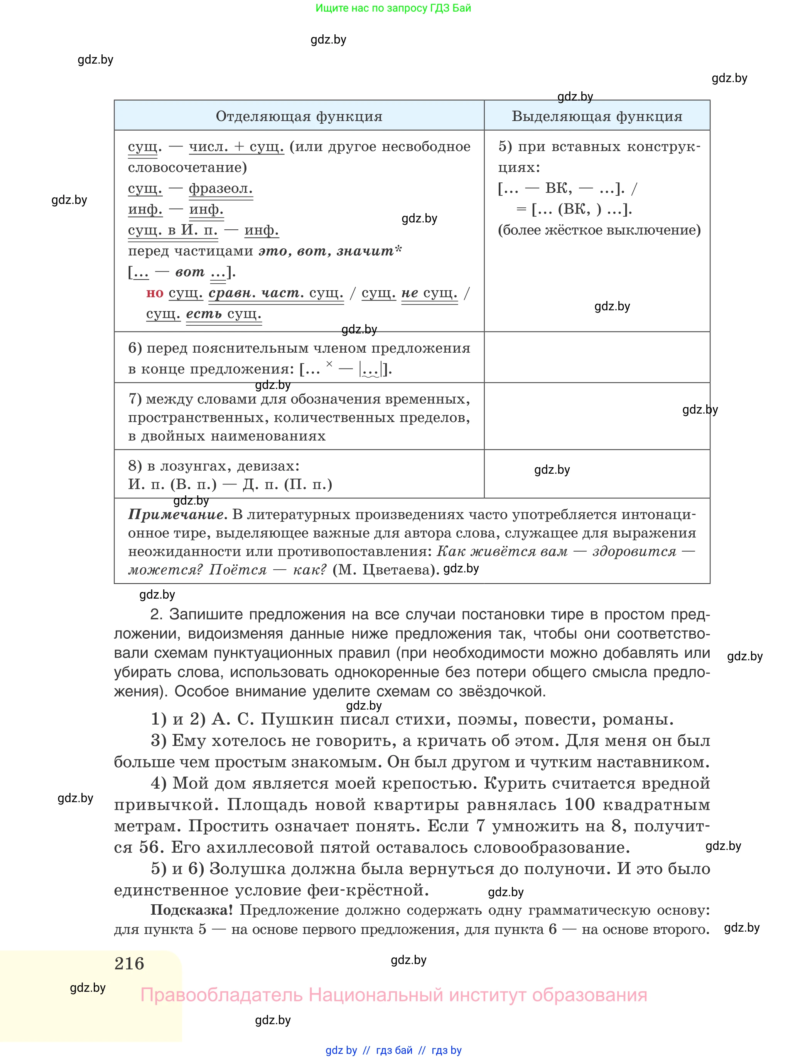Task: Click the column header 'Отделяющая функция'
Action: tap(299, 116)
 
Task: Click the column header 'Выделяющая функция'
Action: tap(597, 116)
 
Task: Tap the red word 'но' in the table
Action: tap(155, 293)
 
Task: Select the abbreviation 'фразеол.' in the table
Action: tap(220, 188)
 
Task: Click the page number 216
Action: tap(129, 964)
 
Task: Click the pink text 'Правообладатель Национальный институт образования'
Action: tap(393, 995)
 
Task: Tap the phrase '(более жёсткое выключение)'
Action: tap(599, 230)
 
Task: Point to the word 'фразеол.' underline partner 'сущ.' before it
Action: tap(145, 188)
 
